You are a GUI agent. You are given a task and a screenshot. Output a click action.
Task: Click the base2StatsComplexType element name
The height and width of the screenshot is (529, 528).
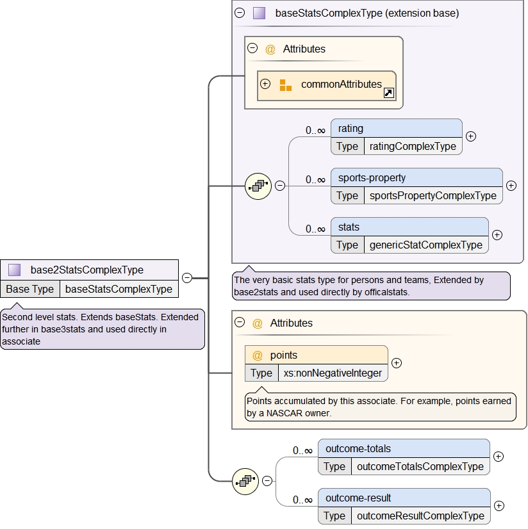click(87, 270)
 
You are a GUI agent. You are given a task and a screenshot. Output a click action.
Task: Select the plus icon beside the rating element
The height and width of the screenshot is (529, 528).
click(471, 136)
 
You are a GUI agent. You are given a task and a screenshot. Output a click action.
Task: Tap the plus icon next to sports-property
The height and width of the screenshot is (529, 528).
click(511, 186)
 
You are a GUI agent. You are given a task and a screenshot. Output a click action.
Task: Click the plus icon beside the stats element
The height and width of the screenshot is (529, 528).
click(497, 234)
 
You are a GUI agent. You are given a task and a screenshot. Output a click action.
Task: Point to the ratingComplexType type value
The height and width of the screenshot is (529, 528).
click(413, 146)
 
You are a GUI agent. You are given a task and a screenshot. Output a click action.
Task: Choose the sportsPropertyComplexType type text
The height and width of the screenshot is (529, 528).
click(433, 195)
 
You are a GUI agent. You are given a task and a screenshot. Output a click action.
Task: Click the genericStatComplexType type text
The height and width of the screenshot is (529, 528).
click(425, 245)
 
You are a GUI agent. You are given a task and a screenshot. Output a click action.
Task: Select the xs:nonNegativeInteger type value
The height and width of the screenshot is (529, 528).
click(333, 373)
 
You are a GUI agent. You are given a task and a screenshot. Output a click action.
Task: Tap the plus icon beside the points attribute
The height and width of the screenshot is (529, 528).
click(397, 363)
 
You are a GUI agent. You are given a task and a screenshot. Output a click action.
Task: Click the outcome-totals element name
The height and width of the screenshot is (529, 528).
click(358, 448)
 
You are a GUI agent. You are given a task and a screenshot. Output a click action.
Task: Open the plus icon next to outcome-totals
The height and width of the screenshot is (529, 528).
click(499, 457)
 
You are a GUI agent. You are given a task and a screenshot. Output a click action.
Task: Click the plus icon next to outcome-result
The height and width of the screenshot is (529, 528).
click(499, 506)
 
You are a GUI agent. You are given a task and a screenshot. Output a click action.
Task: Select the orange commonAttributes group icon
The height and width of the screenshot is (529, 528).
click(286, 85)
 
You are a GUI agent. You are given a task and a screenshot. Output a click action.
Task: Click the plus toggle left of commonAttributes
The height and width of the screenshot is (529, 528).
click(265, 84)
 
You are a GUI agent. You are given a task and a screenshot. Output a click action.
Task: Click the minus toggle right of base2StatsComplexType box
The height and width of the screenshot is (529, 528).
click(187, 278)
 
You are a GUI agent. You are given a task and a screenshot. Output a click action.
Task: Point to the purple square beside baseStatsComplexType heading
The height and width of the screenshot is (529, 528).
click(259, 13)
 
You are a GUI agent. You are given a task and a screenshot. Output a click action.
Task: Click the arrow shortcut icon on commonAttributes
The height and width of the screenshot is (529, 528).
click(388, 94)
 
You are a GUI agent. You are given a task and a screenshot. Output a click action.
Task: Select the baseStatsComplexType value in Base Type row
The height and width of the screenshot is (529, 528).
click(119, 289)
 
